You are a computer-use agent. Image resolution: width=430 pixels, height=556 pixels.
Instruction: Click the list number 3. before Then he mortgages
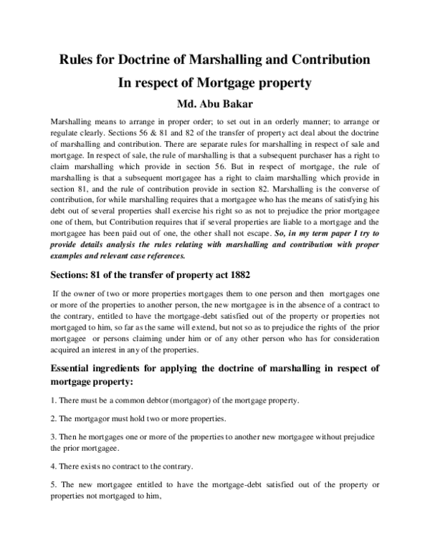pos(54,436)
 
